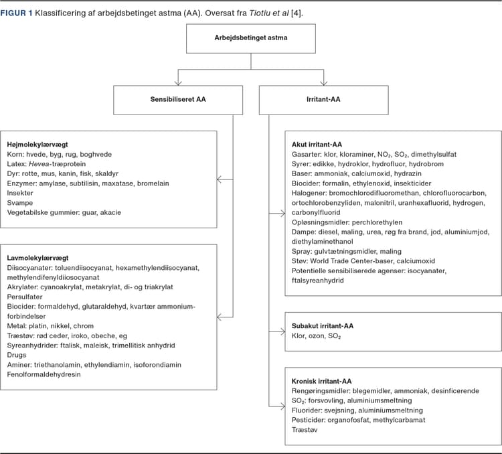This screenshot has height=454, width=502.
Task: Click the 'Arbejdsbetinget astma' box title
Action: tap(251, 37)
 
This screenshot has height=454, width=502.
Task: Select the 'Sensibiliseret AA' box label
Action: tap(178, 99)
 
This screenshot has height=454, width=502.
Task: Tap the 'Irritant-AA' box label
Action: tap(323, 99)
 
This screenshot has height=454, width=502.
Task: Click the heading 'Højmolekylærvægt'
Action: tap(37, 145)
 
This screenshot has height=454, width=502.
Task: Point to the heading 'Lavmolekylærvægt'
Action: tap(37, 258)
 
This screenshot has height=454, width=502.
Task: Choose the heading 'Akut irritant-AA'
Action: tap(317, 145)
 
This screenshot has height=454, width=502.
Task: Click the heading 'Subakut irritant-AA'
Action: tap(323, 326)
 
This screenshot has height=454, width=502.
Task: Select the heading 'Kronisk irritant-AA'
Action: tap(321, 381)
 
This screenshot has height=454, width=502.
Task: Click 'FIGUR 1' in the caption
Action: tap(16, 13)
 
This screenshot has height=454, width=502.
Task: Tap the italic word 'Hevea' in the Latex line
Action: tap(39, 164)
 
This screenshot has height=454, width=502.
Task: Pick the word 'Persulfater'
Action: tap(25, 297)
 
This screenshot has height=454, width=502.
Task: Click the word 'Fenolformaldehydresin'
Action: tap(44, 374)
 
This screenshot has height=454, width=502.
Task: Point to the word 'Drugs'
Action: tap(17, 355)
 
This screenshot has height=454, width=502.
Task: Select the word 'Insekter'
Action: tap(20, 193)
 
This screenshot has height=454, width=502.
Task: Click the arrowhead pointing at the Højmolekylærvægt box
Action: tap(219, 179)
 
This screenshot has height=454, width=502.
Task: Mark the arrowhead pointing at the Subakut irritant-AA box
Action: tap(282, 331)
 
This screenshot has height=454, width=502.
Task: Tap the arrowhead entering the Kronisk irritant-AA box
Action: tap(282, 406)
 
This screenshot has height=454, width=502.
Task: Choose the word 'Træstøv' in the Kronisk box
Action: tap(305, 430)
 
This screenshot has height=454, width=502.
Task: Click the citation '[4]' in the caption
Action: tap(296, 13)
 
